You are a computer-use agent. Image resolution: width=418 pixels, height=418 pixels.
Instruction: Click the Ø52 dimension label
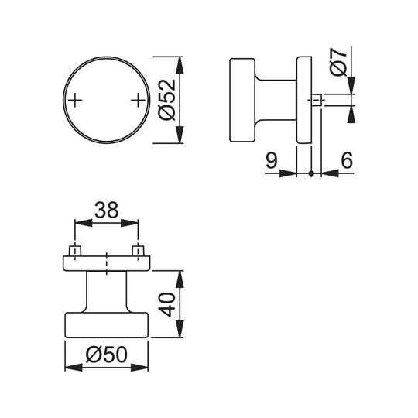167,100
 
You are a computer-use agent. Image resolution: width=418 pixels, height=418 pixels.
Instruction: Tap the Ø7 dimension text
338,62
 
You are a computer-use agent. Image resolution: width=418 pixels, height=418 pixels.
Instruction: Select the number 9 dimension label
272,160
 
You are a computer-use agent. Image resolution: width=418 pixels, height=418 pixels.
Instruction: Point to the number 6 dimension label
347,160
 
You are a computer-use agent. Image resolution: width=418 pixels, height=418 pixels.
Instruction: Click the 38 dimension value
106,210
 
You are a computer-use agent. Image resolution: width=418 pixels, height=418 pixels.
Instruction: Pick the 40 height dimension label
167,304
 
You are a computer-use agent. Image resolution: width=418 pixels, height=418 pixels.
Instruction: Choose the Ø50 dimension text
107,355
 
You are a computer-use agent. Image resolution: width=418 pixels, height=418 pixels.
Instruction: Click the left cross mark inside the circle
75,100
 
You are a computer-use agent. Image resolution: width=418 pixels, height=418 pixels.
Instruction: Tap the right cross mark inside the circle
138,100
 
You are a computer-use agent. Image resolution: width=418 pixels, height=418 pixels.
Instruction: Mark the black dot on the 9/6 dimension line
311,173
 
